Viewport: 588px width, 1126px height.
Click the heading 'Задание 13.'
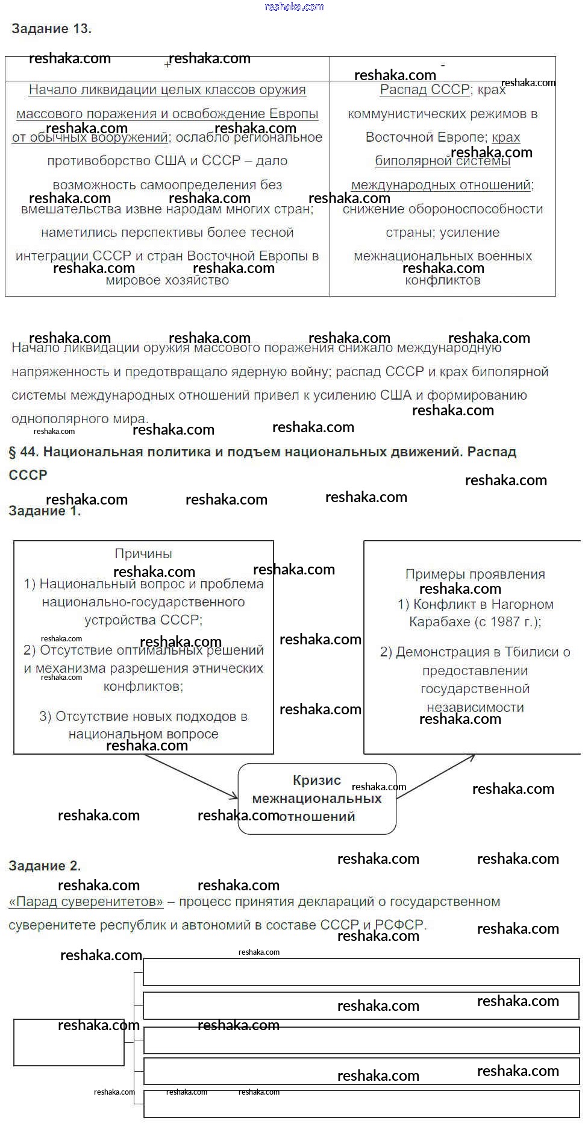51,28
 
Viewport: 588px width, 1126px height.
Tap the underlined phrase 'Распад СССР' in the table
424,90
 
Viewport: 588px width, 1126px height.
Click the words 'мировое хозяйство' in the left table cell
167,280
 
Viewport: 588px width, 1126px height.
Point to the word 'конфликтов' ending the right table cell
442,280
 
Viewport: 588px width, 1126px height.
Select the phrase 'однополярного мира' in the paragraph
79,419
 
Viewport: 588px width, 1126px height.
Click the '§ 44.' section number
24,452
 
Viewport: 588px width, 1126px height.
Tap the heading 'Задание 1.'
45,511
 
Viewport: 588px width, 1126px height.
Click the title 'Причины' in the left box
143,553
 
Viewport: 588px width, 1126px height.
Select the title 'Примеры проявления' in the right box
475,574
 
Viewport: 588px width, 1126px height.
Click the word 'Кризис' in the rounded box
317,781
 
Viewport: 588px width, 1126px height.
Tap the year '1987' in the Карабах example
504,622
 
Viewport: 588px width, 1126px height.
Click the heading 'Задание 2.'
45,866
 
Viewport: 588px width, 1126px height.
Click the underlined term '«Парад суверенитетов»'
86,902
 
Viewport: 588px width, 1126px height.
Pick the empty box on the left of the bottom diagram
69,1042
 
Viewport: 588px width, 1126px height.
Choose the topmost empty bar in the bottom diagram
361,972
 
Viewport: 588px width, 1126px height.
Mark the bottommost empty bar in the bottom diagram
361,1105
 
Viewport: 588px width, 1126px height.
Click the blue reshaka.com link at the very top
295,7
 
